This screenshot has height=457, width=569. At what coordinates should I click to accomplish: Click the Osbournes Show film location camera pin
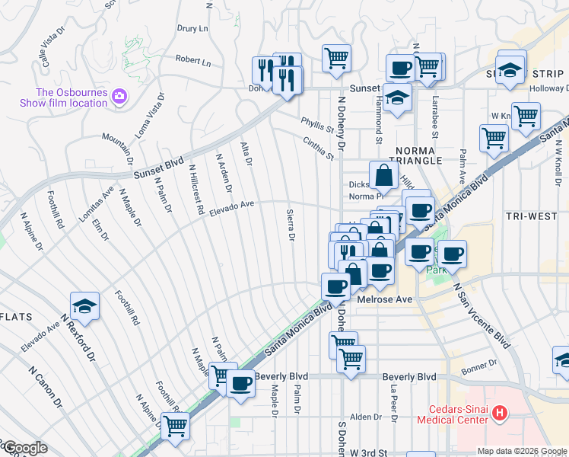click(x=119, y=97)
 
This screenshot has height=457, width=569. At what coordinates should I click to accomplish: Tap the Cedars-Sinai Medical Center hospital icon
click(x=500, y=414)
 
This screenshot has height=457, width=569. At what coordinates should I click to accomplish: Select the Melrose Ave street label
click(x=384, y=299)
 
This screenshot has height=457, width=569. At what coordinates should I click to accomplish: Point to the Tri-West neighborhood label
click(x=531, y=216)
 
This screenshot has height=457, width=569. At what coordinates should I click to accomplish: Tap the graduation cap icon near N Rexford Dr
click(x=85, y=306)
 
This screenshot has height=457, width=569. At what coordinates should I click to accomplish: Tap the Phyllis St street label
click(x=317, y=125)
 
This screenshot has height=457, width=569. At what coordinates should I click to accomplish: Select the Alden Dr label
click(x=365, y=417)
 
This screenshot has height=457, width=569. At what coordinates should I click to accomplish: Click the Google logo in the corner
click(x=24, y=448)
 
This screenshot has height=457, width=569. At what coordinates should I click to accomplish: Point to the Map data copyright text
click(x=522, y=451)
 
